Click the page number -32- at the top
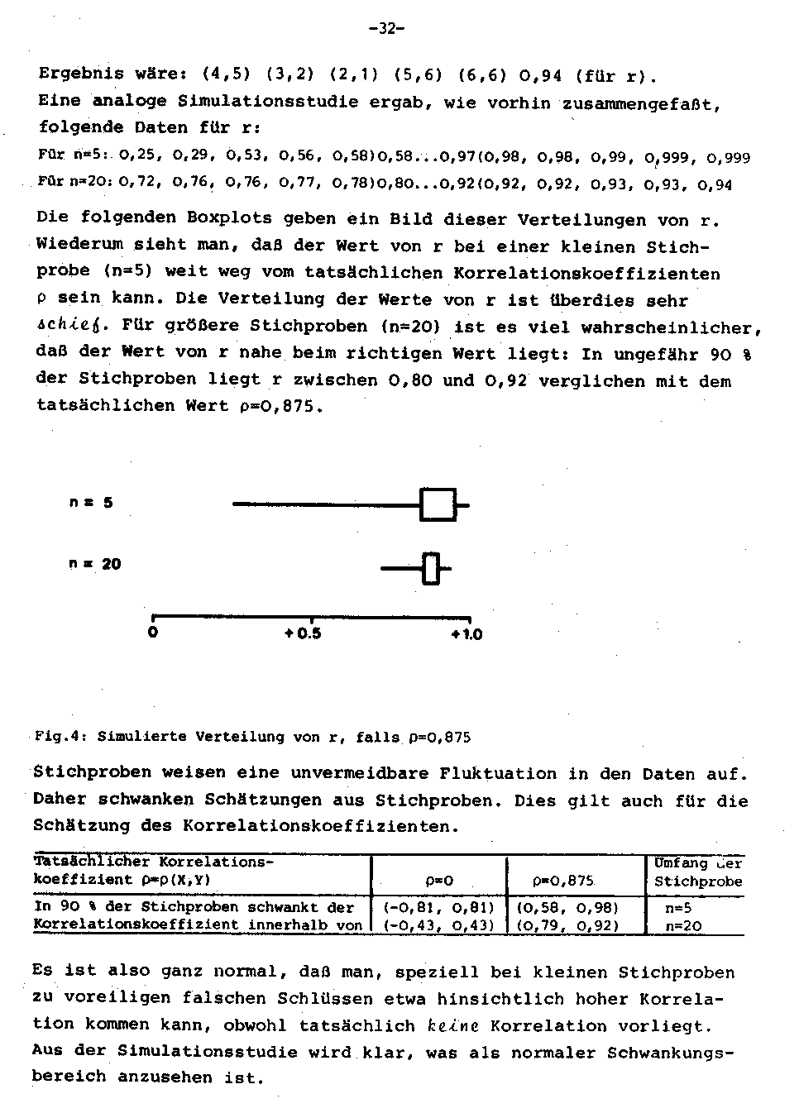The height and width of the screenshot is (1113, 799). (386, 28)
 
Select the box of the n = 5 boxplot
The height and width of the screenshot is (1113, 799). (438, 504)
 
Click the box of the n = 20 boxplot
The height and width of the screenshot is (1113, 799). (430, 569)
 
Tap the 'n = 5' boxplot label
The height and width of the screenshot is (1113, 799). (91, 502)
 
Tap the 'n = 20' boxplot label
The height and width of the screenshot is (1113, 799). (94, 564)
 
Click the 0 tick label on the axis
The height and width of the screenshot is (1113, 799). (152, 633)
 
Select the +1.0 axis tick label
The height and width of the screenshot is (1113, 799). (466, 634)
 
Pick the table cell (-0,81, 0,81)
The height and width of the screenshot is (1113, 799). (438, 907)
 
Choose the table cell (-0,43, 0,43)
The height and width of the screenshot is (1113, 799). (438, 925)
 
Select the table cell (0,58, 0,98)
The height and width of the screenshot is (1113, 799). (568, 907)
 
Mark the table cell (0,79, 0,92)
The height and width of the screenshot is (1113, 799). (568, 925)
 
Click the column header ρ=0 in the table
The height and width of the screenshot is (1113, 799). (438, 881)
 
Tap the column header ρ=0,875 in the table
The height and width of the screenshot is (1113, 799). (566, 881)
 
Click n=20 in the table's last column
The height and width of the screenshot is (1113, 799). (683, 926)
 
